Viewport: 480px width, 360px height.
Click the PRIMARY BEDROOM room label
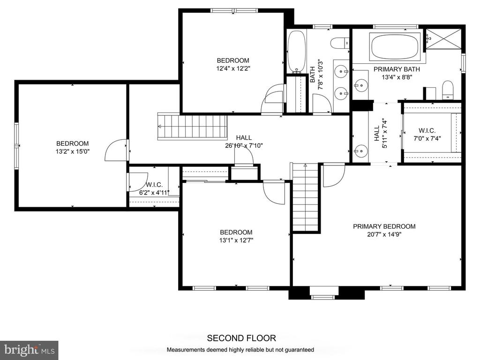[x=384, y=226]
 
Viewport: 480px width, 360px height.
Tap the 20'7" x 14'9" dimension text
[x=384, y=234]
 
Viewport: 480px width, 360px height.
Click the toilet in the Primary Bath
[x=448, y=90]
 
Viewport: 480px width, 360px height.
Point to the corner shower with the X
[x=443, y=39]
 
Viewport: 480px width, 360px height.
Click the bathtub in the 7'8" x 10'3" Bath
[x=296, y=52]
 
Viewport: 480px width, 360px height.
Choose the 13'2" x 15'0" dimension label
[x=73, y=151]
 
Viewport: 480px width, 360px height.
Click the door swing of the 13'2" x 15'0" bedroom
[x=115, y=150]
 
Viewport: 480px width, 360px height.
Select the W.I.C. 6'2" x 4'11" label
[x=154, y=189]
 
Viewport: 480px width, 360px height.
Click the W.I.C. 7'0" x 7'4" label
[x=427, y=135]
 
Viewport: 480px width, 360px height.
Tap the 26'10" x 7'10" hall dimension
[x=244, y=146]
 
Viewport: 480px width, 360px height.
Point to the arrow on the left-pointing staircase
[x=160, y=126]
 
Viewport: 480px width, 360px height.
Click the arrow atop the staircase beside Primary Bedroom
[x=305, y=165]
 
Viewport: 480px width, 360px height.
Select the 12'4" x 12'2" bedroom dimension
[x=233, y=68]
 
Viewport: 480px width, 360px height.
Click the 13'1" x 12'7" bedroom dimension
[x=236, y=240]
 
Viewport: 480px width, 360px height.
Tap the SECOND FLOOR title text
[x=241, y=338]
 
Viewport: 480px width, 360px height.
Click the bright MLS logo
[x=29, y=350]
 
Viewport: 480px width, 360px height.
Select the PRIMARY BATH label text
[x=397, y=69]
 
